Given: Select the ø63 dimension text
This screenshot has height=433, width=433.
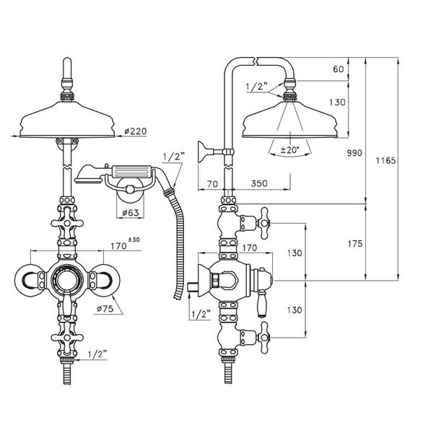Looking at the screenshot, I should [131, 212].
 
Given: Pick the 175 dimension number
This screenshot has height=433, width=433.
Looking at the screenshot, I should [354, 243].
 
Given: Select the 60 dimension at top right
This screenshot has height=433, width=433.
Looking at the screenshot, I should [338, 71].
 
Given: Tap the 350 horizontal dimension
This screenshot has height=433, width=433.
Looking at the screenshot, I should [262, 185].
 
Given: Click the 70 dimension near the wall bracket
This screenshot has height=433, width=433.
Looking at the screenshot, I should [212, 185].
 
